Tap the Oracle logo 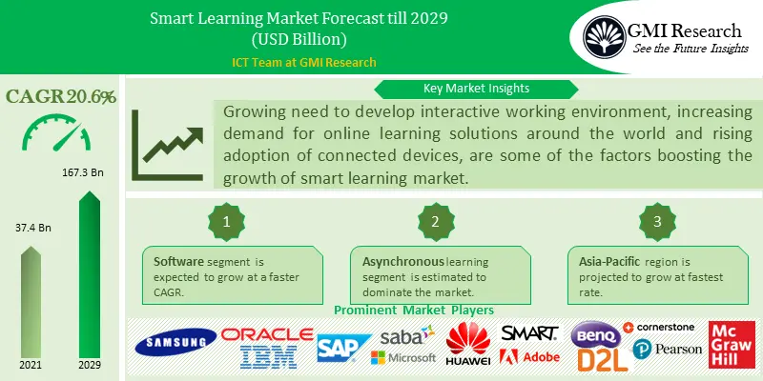coord(267,334)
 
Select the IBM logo coord(267,357)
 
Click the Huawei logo coord(468,345)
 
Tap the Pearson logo coord(666,350)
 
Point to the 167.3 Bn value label coord(88,176)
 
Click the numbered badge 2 coord(434,221)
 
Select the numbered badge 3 coord(655,221)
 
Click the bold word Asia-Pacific coord(608,261)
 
